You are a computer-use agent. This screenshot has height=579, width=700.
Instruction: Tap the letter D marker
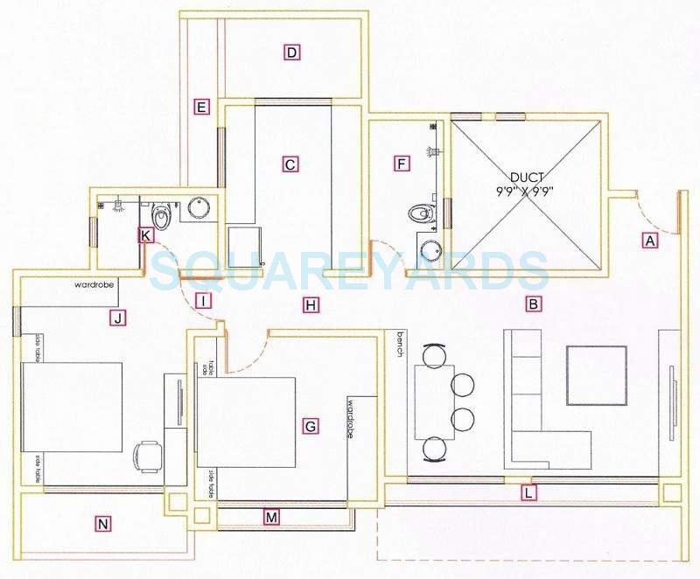click(292, 52)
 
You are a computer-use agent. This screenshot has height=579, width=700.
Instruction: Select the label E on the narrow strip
click(201, 108)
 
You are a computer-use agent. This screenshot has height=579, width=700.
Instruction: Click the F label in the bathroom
click(402, 164)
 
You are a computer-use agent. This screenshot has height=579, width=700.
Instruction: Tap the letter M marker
click(272, 518)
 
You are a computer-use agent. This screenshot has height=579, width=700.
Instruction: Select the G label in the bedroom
click(309, 427)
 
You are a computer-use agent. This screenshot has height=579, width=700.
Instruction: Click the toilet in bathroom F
click(420, 213)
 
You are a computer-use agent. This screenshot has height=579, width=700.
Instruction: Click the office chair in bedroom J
click(146, 455)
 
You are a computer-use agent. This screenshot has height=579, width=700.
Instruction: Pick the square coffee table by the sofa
click(596, 376)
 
